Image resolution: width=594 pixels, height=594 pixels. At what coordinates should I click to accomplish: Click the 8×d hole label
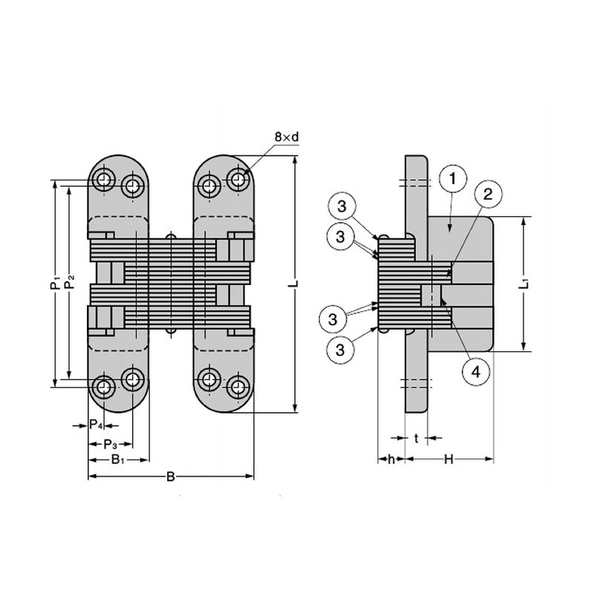pyautogui.click(x=286, y=137)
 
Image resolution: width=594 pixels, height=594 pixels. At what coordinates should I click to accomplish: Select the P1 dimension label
pyautogui.click(x=54, y=283)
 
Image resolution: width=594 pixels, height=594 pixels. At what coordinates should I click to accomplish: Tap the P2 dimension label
pyautogui.click(x=70, y=283)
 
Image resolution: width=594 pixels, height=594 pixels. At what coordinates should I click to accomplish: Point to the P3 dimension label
pyautogui.click(x=109, y=443)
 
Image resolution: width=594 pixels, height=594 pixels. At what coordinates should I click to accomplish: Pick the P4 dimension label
pyautogui.click(x=95, y=425)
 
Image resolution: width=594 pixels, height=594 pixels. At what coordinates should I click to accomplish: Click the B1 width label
pyautogui.click(x=117, y=460)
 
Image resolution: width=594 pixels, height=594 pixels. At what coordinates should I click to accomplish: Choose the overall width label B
pyautogui.click(x=170, y=477)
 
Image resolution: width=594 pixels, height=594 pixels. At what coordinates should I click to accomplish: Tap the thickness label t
pyautogui.click(x=417, y=439)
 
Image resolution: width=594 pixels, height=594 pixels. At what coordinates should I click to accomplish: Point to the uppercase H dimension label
pyautogui.click(x=448, y=460)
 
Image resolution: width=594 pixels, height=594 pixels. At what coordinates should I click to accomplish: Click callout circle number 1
pyautogui.click(x=452, y=178)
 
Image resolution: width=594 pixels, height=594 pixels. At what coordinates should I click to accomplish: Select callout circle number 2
pyautogui.click(x=487, y=195)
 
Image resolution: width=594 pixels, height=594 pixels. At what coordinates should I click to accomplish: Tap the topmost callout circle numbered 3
pyautogui.click(x=340, y=206)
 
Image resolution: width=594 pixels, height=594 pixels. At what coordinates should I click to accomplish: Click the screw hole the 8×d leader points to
pyautogui.click(x=238, y=179)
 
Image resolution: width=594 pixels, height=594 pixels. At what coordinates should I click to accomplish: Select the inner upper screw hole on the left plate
pyautogui.click(x=133, y=185)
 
